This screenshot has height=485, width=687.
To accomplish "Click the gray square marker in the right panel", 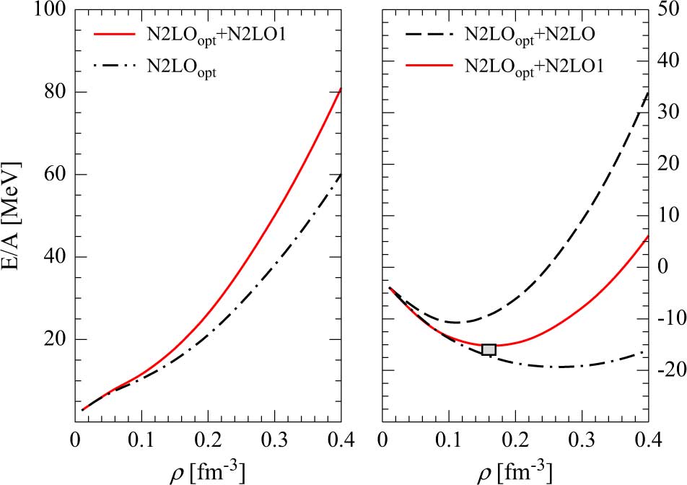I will pyautogui.click(x=489, y=350).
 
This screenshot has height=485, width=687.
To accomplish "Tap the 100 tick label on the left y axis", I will pyautogui.click(x=52, y=11).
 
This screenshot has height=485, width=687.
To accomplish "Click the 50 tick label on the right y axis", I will pyautogui.click(x=668, y=11).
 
